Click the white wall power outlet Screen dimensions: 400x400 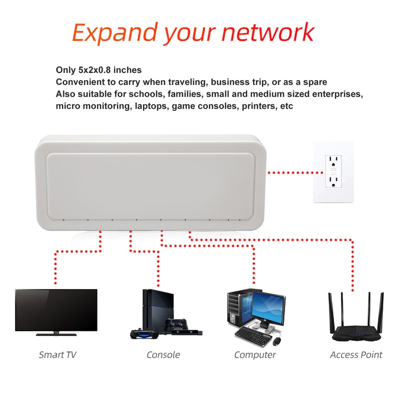pos(333,171)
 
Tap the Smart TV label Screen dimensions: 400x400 pos(57,355)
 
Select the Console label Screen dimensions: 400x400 pos(163,355)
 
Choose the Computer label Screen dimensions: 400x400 pos(255,355)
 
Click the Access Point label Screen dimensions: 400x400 pos(356,355)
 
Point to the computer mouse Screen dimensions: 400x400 pos(277,340)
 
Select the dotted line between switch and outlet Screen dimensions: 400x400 pos(290,172)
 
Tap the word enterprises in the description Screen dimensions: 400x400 pos(338,94)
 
